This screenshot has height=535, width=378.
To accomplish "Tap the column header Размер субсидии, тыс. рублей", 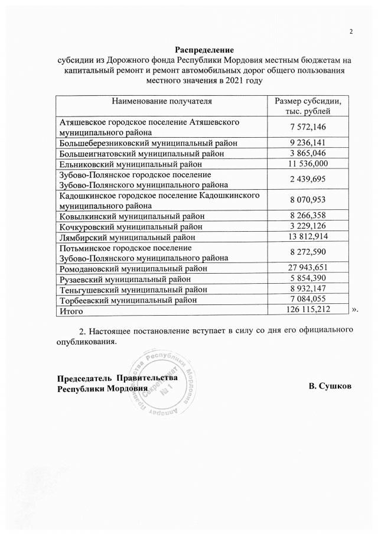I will tap(304, 106).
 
